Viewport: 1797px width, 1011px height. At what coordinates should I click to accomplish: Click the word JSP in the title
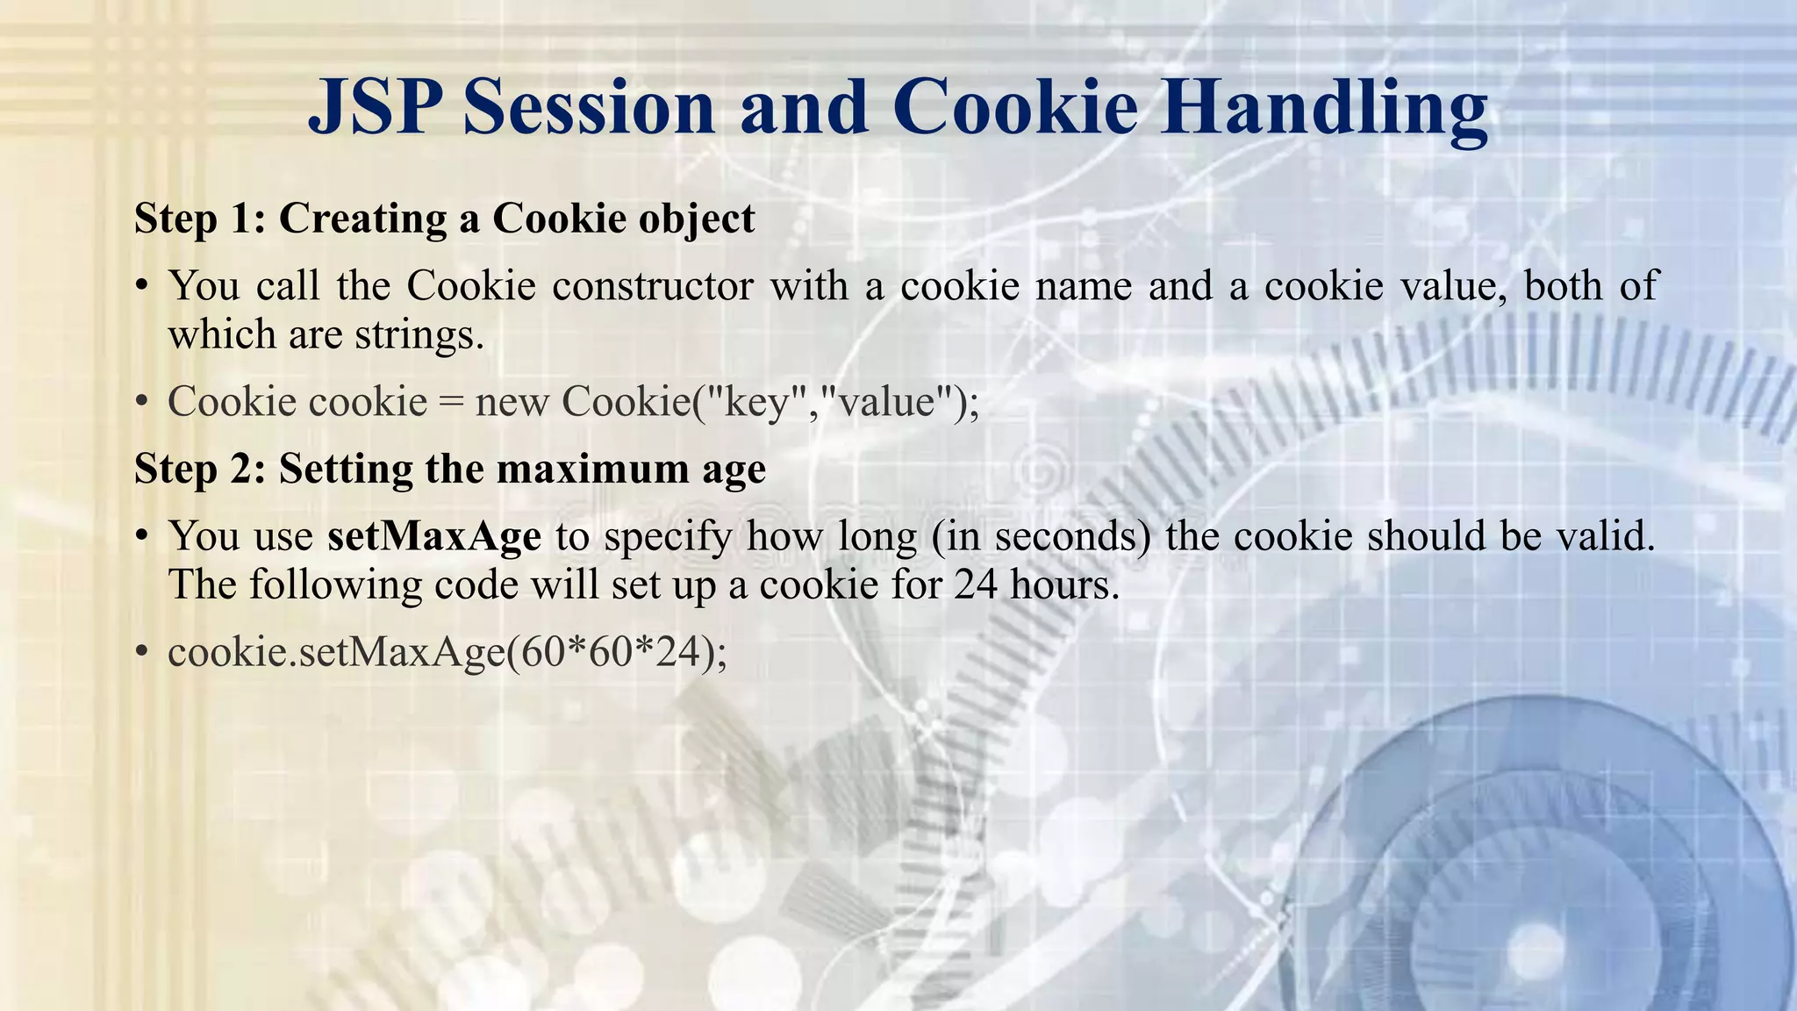pos(378,107)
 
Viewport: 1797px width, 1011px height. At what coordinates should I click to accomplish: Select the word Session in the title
pos(589,107)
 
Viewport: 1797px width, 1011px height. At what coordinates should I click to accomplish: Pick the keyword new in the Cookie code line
pos(512,402)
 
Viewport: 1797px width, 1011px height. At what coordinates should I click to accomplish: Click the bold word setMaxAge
pos(433,535)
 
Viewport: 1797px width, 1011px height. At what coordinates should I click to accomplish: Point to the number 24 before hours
pos(976,584)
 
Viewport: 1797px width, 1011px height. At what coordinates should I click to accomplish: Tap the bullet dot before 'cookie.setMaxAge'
pos(141,652)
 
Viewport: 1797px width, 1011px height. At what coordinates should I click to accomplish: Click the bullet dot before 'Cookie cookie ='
pos(141,402)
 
